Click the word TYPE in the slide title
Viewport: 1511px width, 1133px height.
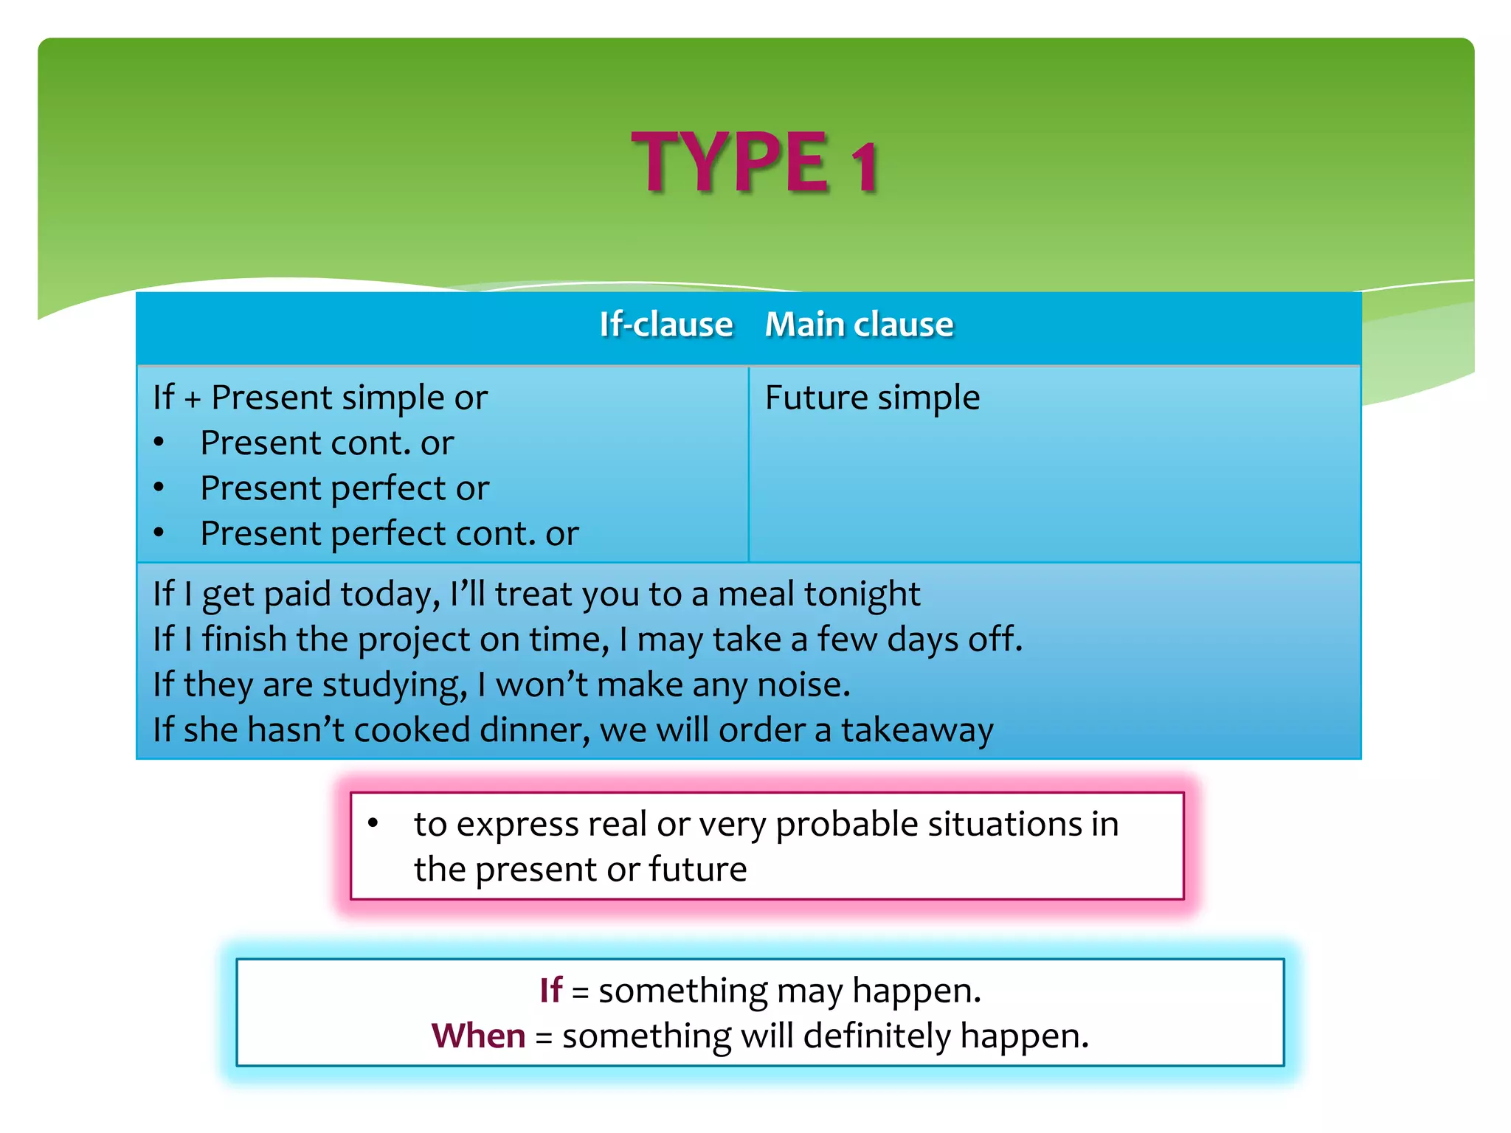[730, 162]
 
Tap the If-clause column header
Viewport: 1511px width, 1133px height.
[665, 325]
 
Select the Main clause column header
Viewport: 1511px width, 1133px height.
[859, 325]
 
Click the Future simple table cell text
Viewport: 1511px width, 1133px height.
[872, 398]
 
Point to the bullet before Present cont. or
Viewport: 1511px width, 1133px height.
[159, 443]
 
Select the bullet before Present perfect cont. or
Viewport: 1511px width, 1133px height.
[159, 533]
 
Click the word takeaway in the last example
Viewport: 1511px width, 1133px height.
[917, 731]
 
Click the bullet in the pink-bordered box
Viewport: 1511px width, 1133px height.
[373, 823]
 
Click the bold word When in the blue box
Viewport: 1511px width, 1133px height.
[478, 1036]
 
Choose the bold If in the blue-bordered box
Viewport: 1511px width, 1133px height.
[550, 991]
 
